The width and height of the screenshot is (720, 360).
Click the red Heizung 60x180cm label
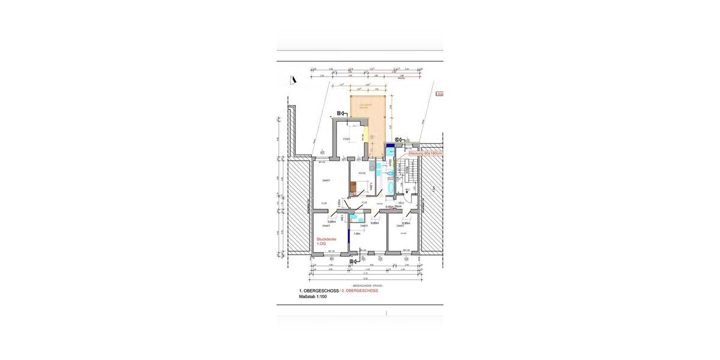pyautogui.click(x=425, y=154)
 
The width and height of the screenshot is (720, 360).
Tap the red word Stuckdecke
pyautogui.click(x=326, y=239)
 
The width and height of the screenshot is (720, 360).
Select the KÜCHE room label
pyautogui.click(x=362, y=173)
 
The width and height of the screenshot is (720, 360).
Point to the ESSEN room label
pyautogui.click(x=346, y=139)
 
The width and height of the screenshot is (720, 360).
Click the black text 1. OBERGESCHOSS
pyautogui.click(x=319, y=290)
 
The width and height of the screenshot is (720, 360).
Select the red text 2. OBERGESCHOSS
pyautogui.click(x=360, y=290)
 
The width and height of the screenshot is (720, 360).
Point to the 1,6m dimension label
pyautogui.click(x=356, y=233)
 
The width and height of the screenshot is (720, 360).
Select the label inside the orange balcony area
pyautogui.click(x=366, y=106)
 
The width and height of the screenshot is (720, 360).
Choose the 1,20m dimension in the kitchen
pyautogui.click(x=372, y=187)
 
